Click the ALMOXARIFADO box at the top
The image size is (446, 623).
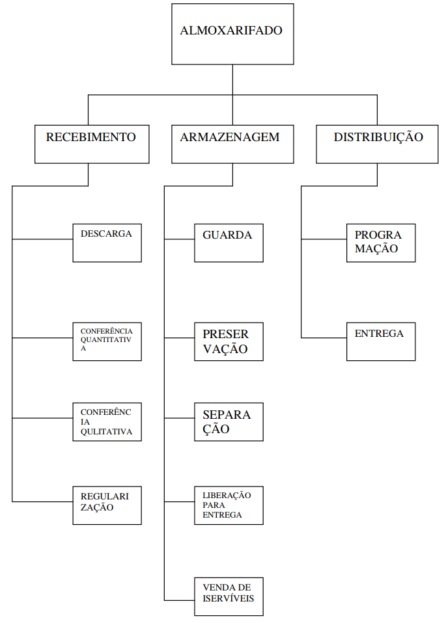[x=232, y=34]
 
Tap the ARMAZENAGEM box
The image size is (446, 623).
[x=232, y=144]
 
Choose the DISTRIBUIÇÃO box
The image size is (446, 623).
[x=377, y=144]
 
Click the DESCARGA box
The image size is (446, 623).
[x=107, y=243]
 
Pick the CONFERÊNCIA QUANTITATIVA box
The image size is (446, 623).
[x=107, y=341]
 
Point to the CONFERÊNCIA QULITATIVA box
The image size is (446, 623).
[x=107, y=422]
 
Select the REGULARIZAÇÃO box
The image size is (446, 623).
[x=107, y=505]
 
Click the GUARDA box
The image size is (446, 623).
[x=229, y=243]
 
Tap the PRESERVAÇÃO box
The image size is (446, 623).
[x=229, y=341]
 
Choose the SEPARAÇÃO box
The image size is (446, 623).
[x=229, y=422]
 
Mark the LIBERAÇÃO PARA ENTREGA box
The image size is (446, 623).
[x=229, y=505]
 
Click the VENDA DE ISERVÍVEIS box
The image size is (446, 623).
[x=229, y=596]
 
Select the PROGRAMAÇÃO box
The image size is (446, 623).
[x=380, y=243]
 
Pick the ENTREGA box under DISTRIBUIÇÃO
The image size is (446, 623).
[x=380, y=341]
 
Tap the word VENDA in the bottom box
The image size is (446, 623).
[x=217, y=588]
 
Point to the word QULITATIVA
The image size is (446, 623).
[x=106, y=432]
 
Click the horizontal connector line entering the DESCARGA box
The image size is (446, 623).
[x=42, y=239]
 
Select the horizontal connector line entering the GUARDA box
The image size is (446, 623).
[x=179, y=239]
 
